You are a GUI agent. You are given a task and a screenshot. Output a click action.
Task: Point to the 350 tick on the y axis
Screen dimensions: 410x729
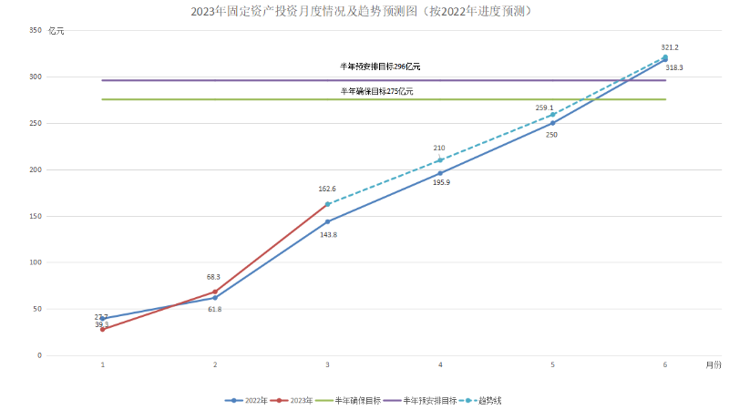(x=36, y=31)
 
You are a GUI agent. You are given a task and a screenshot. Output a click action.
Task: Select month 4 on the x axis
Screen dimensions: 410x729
(x=440, y=364)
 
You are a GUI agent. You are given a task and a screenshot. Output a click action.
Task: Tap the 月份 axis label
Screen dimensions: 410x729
(x=712, y=364)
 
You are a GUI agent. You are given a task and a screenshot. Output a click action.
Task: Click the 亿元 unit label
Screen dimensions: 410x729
(x=56, y=31)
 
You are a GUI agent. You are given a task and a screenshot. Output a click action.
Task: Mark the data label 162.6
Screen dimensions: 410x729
(x=327, y=189)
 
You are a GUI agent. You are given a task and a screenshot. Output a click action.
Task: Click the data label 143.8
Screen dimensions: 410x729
(x=328, y=234)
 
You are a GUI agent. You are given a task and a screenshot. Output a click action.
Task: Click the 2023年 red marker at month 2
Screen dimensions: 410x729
(x=215, y=292)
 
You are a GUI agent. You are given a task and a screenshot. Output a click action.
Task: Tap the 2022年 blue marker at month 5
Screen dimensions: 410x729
(x=552, y=123)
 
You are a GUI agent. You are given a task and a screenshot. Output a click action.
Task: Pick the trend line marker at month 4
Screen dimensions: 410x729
(x=440, y=160)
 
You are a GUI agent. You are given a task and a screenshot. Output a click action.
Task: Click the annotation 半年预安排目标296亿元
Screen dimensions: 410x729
(x=380, y=67)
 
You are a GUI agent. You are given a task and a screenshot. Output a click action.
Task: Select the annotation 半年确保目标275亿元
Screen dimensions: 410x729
(x=376, y=91)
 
